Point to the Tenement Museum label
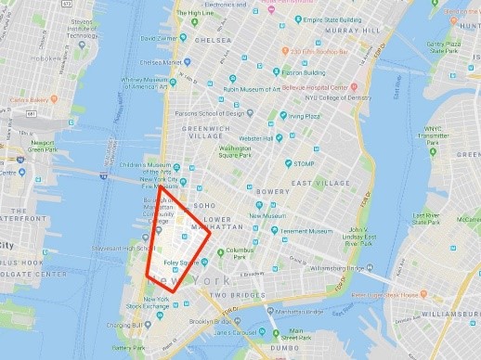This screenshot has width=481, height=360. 301,231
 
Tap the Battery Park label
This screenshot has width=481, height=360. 127,347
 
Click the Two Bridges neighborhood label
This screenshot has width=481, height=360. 231,295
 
